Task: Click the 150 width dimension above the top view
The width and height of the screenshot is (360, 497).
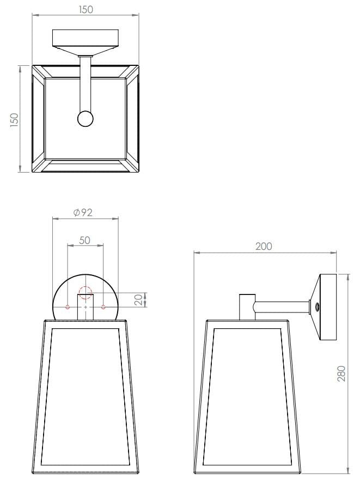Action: pyautogui.click(x=86, y=9)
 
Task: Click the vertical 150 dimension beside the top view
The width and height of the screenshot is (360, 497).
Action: pyautogui.click(x=14, y=119)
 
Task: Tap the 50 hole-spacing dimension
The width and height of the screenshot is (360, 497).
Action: pyautogui.click(x=84, y=240)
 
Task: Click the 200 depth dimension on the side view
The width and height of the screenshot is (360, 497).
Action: pyautogui.click(x=264, y=247)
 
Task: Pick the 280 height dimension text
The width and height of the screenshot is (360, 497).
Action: pyautogui.click(x=342, y=373)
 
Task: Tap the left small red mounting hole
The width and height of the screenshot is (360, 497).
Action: pyautogui.click(x=68, y=308)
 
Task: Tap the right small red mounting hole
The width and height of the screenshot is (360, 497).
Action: pyautogui.click(x=103, y=308)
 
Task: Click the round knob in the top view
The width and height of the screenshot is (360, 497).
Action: pyautogui.click(x=85, y=119)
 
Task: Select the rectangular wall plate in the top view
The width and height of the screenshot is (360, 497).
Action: pyautogui.click(x=86, y=38)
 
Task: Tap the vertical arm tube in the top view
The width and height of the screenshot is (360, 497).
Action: pyautogui.click(x=85, y=82)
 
